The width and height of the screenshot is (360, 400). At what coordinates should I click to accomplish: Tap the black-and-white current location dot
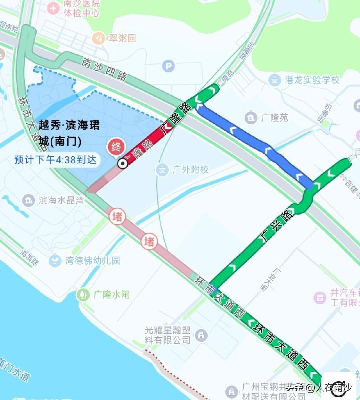(123, 164)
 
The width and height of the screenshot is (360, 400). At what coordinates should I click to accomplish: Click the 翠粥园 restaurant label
(122, 38)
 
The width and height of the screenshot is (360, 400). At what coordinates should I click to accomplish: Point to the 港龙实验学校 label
(312, 80)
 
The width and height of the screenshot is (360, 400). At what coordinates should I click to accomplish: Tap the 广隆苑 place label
(274, 117)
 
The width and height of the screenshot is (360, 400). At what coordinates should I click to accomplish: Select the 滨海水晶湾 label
(61, 200)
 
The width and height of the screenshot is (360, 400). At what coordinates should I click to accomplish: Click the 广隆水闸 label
(111, 295)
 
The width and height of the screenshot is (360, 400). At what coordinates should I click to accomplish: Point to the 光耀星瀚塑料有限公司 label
(168, 335)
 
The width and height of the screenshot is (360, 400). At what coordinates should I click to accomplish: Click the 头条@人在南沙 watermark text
(318, 387)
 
